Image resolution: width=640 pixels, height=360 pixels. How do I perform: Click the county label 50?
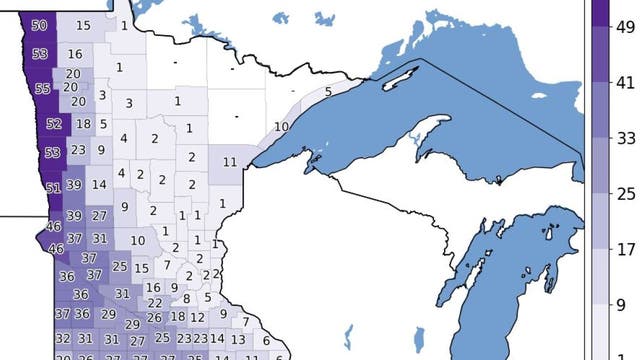[39, 25]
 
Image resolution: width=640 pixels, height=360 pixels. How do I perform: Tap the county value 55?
[42, 88]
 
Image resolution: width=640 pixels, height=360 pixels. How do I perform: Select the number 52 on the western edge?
[53, 124]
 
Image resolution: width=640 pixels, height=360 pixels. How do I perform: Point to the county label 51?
[53, 187]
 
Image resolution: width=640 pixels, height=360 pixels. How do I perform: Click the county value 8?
[186, 298]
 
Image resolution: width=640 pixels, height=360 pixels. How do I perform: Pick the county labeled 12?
[199, 317]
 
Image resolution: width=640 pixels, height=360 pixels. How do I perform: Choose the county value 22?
[154, 303]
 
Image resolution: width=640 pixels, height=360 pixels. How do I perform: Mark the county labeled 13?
[238, 340]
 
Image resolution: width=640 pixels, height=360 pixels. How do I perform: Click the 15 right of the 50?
[83, 25]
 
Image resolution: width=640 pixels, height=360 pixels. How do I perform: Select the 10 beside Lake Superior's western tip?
[281, 127]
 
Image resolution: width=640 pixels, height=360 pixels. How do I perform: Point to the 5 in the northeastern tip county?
[328, 92]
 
